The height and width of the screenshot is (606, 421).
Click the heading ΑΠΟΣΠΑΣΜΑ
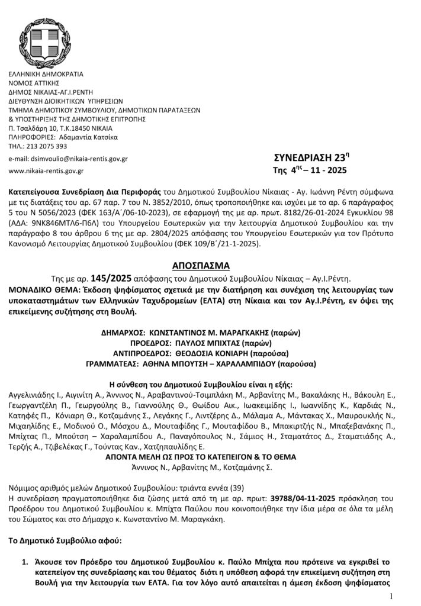[x=210, y=263]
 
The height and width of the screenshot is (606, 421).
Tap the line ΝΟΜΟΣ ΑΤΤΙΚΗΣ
[x=34, y=83]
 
